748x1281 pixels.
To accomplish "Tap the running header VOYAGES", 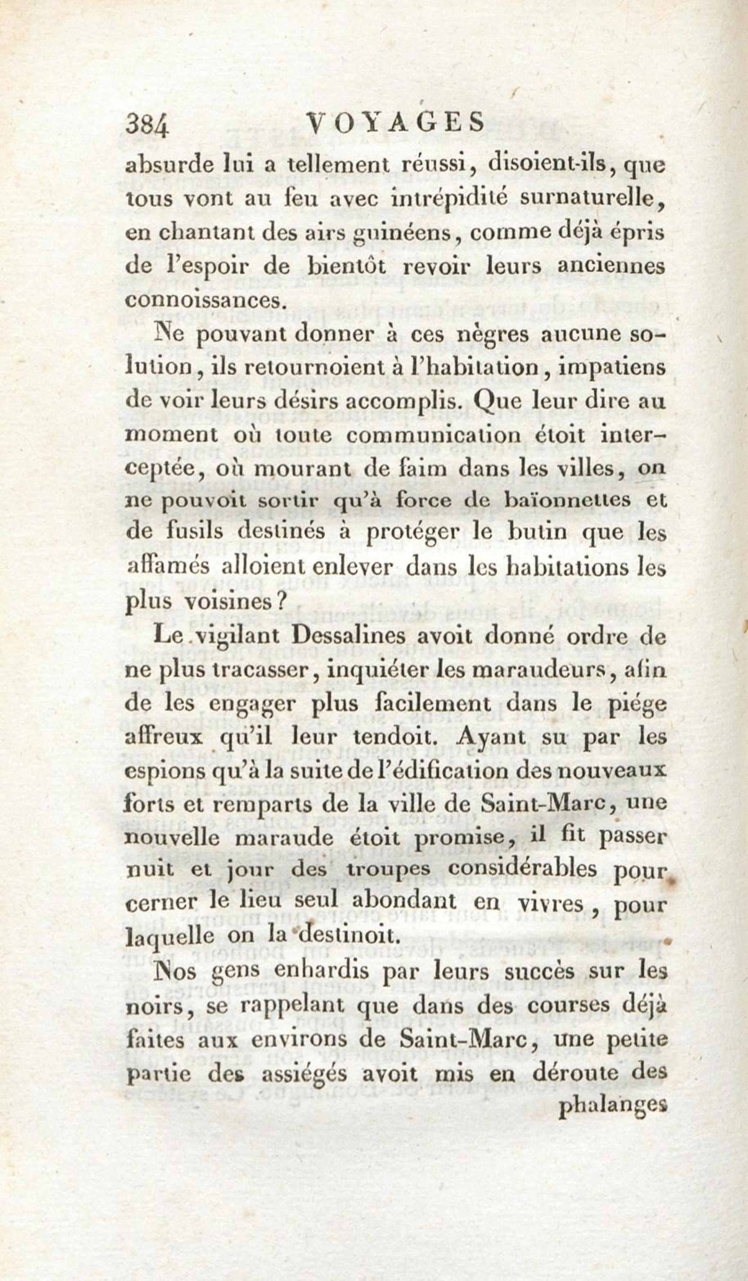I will [x=397, y=123].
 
